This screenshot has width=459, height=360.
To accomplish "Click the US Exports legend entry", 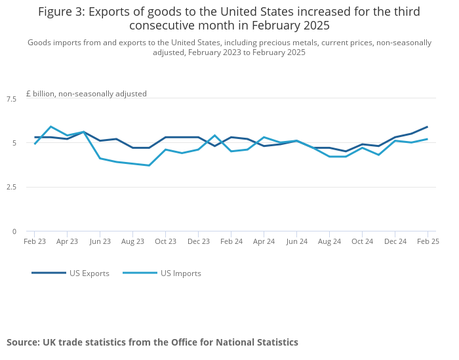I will (89, 273).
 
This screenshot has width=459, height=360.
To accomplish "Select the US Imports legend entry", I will (180, 273).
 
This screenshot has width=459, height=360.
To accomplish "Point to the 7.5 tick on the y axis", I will (11, 99).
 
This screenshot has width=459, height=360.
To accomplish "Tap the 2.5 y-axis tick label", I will (11, 188).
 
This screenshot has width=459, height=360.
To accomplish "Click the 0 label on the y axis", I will (14, 231).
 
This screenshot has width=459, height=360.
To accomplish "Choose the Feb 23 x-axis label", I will (35, 241).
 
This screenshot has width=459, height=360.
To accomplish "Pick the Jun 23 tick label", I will (100, 241).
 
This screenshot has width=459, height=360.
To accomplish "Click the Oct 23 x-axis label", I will (165, 241).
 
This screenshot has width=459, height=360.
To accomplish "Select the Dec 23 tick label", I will (198, 241).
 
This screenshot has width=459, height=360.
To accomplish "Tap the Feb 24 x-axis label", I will (231, 241).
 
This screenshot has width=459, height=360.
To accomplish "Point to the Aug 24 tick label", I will (329, 241).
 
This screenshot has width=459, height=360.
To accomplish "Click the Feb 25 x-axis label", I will (428, 241).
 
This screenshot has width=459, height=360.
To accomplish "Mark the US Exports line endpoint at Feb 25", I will (428, 127).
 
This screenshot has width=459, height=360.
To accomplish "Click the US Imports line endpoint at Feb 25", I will (428, 139).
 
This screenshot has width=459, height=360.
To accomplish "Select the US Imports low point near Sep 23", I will (149, 165).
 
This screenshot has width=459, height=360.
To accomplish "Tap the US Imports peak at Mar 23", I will (50, 127).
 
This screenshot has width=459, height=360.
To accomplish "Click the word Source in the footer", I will (22, 342).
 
